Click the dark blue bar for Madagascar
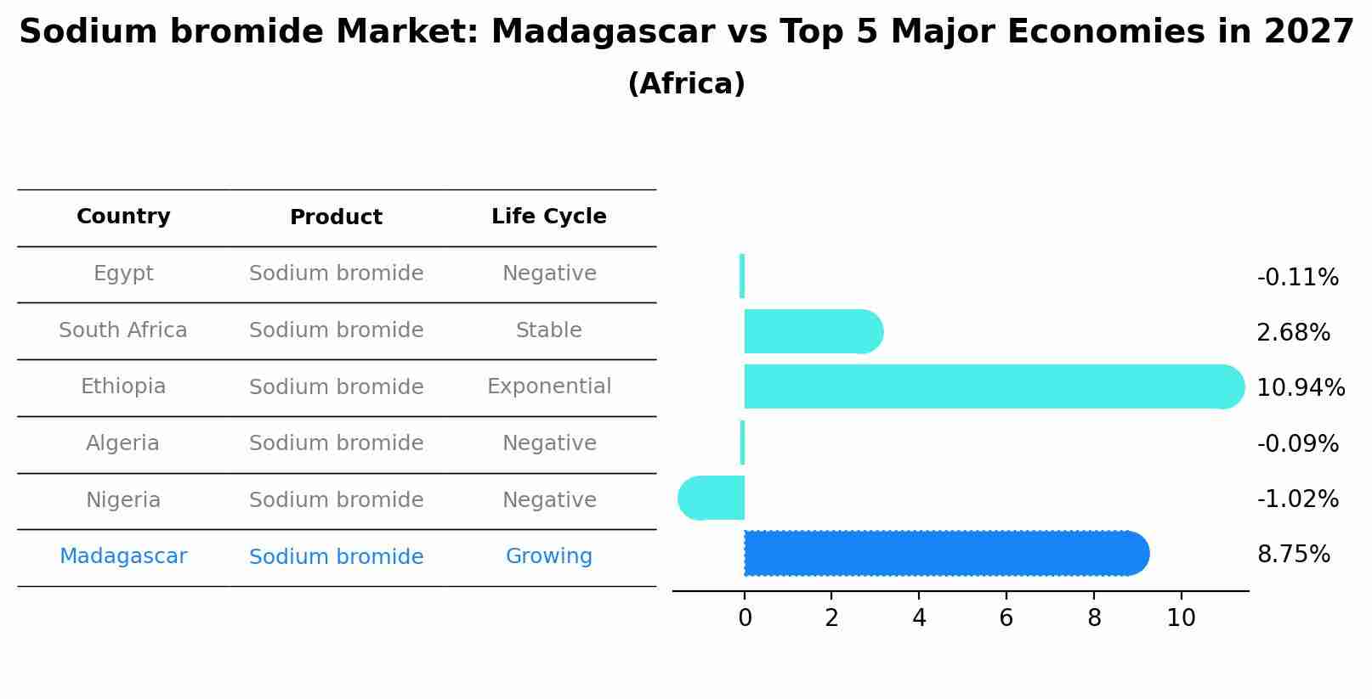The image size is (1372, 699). click(944, 554)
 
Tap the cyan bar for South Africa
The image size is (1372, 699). click(812, 331)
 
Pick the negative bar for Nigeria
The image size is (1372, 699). click(712, 498)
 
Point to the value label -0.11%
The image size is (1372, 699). click(1297, 278)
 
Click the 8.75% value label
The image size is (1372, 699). click(1293, 555)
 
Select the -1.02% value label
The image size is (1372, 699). click(1297, 499)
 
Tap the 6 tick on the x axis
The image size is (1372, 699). click(1006, 618)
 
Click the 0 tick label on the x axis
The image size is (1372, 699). click(745, 618)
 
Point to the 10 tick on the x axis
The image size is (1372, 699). click(1181, 618)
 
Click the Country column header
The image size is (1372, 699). click(123, 217)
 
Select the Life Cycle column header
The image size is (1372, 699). click(549, 217)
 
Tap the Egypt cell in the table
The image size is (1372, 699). click(123, 273)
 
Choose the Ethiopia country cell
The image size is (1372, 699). click(123, 386)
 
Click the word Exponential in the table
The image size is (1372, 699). click(549, 386)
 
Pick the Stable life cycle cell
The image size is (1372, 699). click(549, 330)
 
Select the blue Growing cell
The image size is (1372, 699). click(549, 556)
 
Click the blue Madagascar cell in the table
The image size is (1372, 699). click(123, 556)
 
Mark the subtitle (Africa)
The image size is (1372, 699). click(686, 84)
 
